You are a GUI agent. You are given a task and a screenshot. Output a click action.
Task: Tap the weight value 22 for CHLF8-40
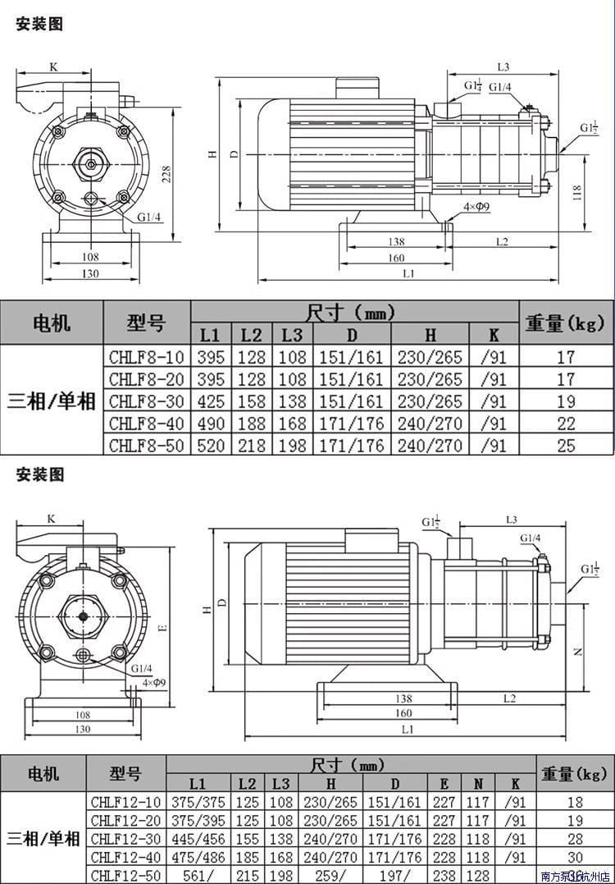(566, 424)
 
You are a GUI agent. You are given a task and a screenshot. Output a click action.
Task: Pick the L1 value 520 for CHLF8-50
(211, 446)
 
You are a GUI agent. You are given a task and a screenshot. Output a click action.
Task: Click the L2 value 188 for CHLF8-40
(251, 424)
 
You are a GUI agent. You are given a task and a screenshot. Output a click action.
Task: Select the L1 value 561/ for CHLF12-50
(198, 875)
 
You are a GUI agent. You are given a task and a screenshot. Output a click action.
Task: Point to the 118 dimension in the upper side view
(576, 194)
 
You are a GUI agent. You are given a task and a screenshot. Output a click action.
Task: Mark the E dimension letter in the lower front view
(162, 627)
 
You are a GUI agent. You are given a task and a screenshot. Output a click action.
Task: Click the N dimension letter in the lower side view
(577, 651)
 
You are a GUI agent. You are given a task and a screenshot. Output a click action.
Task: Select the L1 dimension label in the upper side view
(408, 273)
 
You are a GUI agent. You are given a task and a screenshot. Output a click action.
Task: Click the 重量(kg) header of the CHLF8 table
(566, 323)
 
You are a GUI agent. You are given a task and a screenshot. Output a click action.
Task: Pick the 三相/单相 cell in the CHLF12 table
(43, 839)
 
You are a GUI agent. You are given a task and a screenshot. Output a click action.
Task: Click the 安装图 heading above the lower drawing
(39, 474)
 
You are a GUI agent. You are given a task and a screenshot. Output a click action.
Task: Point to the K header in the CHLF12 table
(515, 784)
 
